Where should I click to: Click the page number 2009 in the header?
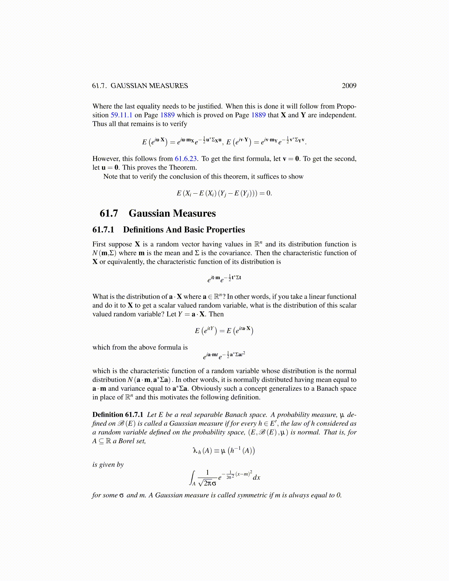pyautogui.click(x=349, y=86)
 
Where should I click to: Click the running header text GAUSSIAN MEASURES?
pyautogui.click(x=149, y=86)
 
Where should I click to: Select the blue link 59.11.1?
pyautogui.click(x=121, y=115)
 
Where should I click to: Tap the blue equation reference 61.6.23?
pyautogui.click(x=186, y=159)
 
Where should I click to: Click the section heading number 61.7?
pyautogui.click(x=109, y=213)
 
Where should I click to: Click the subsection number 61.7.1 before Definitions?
pyautogui.click(x=103, y=230)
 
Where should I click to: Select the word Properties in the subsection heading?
pyautogui.click(x=226, y=230)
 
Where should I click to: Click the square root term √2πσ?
pyautogui.click(x=207, y=483)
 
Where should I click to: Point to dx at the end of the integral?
pyautogui.click(x=256, y=478)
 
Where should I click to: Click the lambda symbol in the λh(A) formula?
pyautogui.click(x=195, y=450)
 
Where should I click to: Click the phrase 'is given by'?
pyautogui.click(x=108, y=465)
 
